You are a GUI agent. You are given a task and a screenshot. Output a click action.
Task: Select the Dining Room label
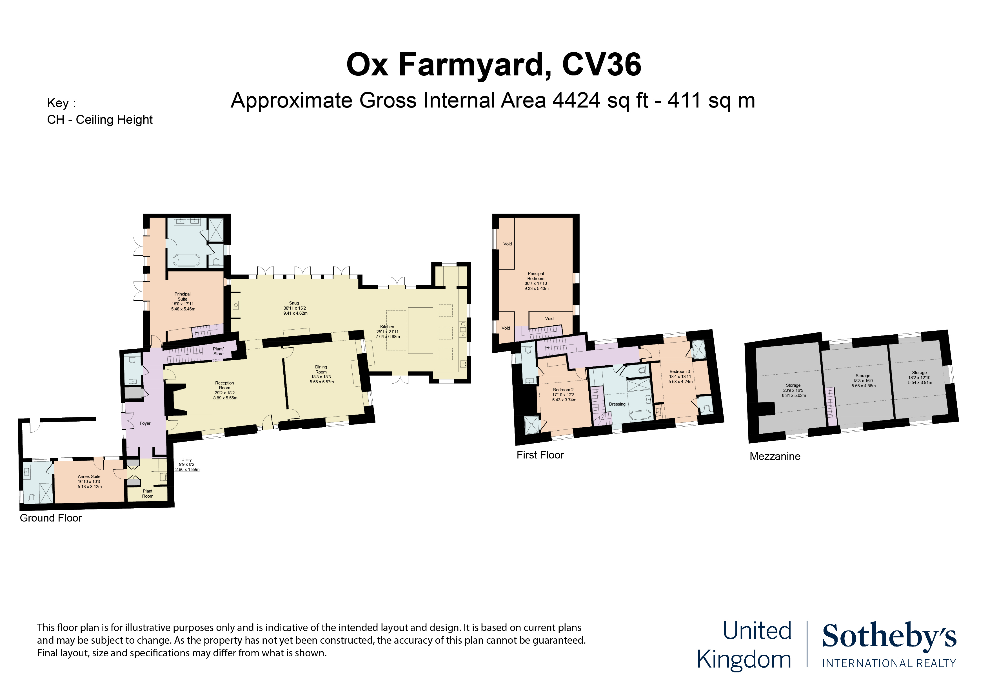321,370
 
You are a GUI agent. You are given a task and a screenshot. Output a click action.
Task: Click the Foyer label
145,424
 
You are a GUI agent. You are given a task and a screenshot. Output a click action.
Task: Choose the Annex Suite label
89,476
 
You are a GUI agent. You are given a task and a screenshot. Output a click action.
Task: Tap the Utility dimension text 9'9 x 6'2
187,464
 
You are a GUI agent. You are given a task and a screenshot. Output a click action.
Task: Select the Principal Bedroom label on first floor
536,276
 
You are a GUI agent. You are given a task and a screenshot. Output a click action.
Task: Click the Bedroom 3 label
680,372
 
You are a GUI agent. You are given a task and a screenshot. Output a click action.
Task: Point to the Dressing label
617,404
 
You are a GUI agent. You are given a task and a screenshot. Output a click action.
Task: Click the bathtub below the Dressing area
641,415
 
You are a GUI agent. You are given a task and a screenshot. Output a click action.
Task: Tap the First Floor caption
540,455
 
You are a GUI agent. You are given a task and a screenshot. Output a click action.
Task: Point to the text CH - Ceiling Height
100,120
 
